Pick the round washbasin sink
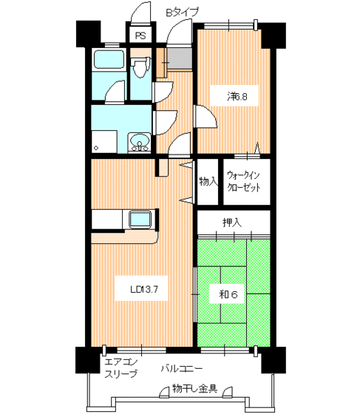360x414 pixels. (x=137, y=142)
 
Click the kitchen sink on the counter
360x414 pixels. (x=140, y=219)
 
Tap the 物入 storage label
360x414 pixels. (x=208, y=180)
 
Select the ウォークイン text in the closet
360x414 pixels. (x=243, y=175)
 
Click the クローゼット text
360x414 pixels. (x=243, y=188)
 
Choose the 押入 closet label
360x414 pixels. (x=233, y=222)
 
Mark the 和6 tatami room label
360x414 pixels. (x=226, y=293)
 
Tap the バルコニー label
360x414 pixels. (x=183, y=367)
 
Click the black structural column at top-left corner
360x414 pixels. (x=86, y=34)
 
